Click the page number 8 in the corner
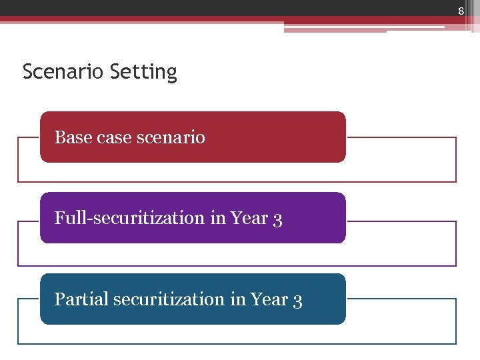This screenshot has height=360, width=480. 460,10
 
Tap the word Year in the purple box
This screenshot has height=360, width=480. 249,218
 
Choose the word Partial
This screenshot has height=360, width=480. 81,299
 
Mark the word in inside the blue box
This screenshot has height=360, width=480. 237,299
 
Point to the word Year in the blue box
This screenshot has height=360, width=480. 269,299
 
